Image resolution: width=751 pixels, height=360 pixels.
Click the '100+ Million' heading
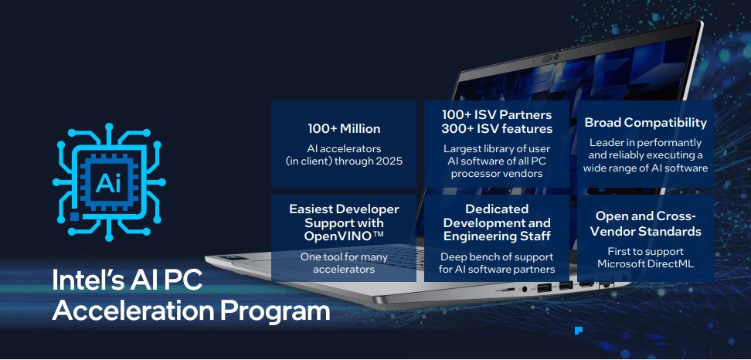click(x=344, y=128)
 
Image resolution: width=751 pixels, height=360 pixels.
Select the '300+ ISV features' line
click(x=497, y=128)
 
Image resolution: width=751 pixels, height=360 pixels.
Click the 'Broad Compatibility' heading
click(x=646, y=122)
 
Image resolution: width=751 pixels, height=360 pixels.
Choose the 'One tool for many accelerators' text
click(x=344, y=263)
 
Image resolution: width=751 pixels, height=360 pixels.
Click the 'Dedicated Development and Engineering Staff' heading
click(x=497, y=222)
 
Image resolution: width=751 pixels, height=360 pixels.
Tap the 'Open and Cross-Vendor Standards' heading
click(x=647, y=223)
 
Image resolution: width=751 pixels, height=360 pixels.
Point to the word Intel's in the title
click(x=89, y=280)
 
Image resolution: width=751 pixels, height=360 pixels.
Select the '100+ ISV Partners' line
click(x=497, y=114)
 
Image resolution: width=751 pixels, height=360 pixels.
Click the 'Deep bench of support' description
click(x=497, y=256)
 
